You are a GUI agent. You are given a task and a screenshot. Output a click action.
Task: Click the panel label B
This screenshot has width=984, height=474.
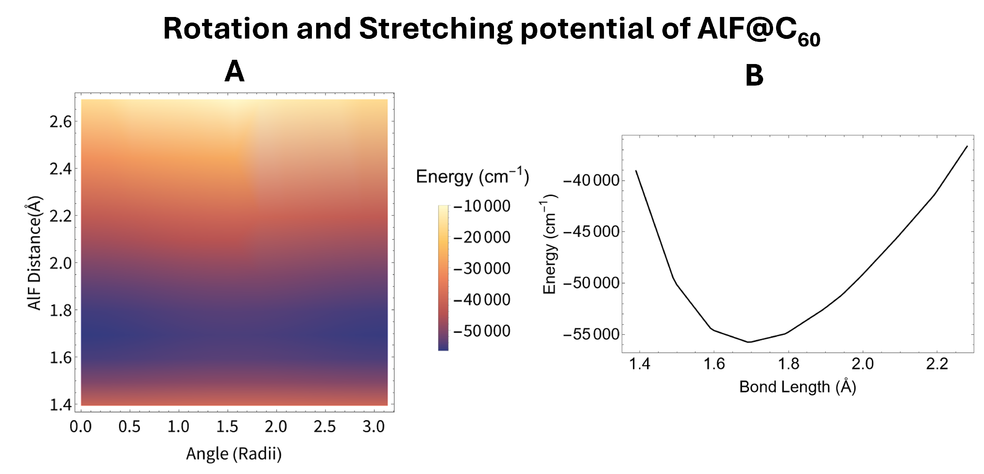[x=754, y=75]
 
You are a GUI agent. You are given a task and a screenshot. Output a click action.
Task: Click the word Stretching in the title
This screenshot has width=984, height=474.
[x=435, y=29]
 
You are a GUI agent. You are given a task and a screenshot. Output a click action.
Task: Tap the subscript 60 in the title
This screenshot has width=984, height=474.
[x=809, y=40]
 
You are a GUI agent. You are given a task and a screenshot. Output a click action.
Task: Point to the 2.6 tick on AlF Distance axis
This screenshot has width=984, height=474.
[x=61, y=122]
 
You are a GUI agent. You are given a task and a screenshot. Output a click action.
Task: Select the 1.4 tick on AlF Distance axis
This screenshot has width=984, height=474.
[x=61, y=404]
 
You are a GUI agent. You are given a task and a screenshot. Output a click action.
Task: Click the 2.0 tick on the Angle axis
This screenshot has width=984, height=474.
[x=276, y=426]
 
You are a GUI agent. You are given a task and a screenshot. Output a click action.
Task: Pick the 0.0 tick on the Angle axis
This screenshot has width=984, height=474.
[x=81, y=426]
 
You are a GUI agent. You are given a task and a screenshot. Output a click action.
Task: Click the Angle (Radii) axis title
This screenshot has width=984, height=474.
[x=234, y=453]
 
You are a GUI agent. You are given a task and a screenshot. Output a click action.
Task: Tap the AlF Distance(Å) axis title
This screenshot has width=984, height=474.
[x=34, y=253]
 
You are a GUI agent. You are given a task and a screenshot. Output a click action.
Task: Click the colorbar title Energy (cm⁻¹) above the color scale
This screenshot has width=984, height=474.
[x=472, y=177]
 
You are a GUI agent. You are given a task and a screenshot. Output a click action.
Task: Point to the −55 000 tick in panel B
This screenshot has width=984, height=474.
[x=591, y=334]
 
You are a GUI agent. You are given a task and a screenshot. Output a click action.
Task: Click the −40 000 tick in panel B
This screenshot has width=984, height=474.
[x=591, y=180]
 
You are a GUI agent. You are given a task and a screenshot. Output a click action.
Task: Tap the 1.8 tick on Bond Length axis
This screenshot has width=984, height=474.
[x=789, y=364]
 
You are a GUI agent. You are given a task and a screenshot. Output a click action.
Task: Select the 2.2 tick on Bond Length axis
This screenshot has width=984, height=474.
[x=937, y=364]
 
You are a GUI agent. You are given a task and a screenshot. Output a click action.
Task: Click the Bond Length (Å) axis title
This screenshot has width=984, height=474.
[x=798, y=386]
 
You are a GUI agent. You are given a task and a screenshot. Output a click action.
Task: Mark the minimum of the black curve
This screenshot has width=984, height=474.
[x=749, y=342]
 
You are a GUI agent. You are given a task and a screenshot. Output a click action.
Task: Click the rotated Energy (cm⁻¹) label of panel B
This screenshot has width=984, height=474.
[x=550, y=244]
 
